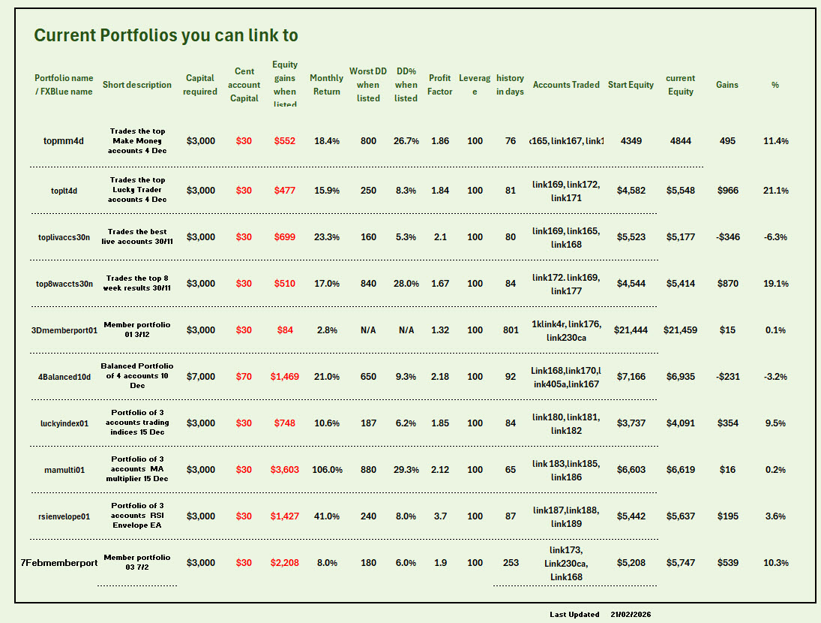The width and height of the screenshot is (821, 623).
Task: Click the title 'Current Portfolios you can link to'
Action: tap(166, 35)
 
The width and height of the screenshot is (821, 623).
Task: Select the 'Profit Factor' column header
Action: tap(440, 85)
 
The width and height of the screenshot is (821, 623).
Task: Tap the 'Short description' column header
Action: tap(137, 85)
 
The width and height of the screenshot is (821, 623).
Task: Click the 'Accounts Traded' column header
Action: tap(566, 85)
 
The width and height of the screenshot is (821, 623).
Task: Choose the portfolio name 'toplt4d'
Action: tap(66, 191)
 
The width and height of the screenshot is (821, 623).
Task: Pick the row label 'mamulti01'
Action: tap(64, 470)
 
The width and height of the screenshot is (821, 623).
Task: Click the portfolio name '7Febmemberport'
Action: tap(59, 563)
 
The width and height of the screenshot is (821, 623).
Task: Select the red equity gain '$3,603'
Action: tap(285, 470)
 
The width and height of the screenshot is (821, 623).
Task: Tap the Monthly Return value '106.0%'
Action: tap(327, 470)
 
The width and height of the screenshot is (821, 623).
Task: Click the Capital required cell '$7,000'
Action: tap(200, 377)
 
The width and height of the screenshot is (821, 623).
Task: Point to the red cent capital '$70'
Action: tap(244, 377)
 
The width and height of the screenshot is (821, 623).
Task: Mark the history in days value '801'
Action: tap(511, 330)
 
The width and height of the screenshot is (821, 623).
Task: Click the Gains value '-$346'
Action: tap(727, 237)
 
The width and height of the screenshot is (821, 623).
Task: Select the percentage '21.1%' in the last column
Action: tap(775, 191)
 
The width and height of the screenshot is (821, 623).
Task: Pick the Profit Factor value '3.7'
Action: tap(440, 516)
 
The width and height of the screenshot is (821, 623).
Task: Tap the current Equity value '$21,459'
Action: tap(680, 330)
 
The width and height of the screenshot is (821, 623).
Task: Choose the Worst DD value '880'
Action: tap(368, 470)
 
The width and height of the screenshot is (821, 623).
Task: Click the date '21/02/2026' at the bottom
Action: tap(631, 614)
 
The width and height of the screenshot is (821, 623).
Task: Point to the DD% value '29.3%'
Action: tap(406, 470)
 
